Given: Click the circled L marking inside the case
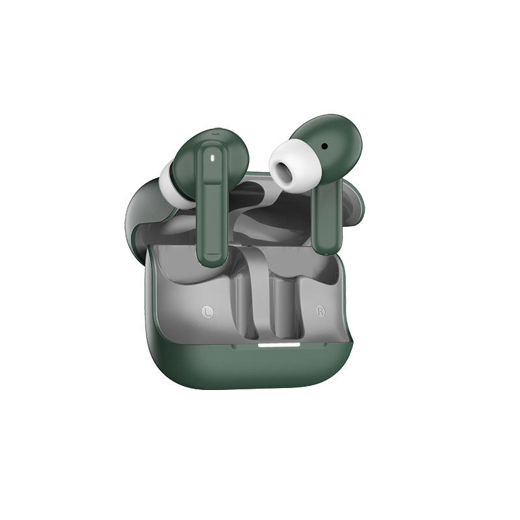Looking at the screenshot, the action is point(208,311).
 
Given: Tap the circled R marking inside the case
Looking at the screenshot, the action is point(320,311).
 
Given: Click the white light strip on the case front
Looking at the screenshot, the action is point(279,345).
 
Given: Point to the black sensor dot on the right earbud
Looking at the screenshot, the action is point(324,146).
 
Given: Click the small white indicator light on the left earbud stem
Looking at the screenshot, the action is point(213,158).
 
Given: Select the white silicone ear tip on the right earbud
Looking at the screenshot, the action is point(295,166).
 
